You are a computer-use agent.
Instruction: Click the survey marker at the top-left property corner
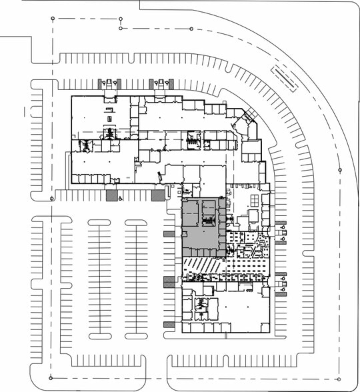pos(53,19)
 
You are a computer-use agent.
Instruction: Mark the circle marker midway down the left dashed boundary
pos(52,198)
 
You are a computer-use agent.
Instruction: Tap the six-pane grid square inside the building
pos(254,199)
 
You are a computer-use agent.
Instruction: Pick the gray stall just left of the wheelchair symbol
pos(111,195)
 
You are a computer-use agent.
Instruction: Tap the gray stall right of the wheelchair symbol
pos(158,195)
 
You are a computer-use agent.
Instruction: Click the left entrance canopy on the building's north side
pos(109,84)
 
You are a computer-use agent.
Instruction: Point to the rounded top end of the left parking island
pos(100,221)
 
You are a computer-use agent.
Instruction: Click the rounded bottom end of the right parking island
pos(137,337)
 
